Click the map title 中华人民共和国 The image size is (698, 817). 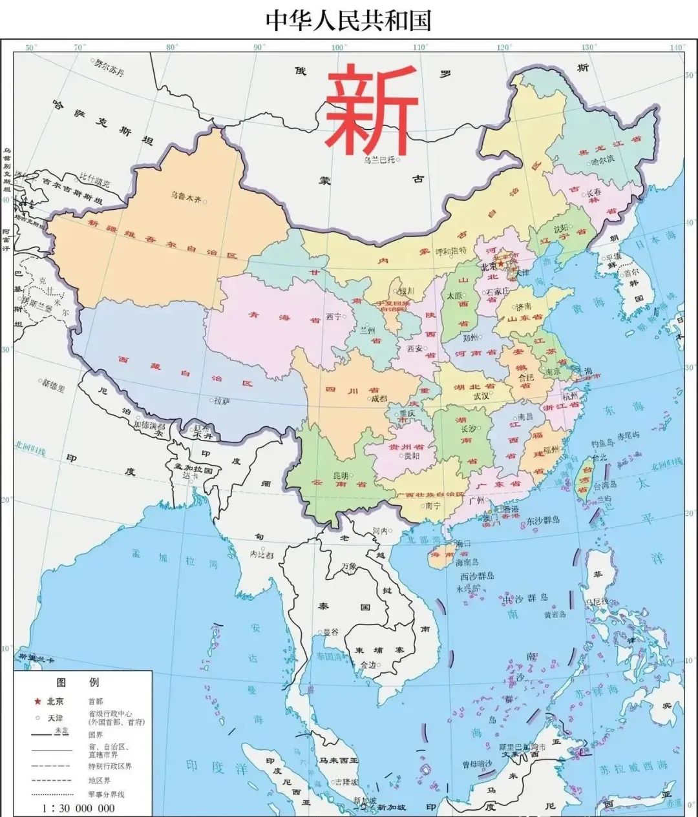click(x=348, y=20)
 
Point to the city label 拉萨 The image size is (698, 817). click(x=222, y=401)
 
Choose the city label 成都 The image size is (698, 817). click(x=379, y=398)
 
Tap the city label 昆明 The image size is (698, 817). click(x=341, y=476)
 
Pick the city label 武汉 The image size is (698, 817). click(x=481, y=395)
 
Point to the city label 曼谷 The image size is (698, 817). click(x=330, y=632)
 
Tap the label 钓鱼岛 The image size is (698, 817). click(x=602, y=445)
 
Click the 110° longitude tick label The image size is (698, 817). click(x=420, y=47)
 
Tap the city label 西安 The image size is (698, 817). click(x=414, y=349)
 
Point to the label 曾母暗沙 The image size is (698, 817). click(x=478, y=764)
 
